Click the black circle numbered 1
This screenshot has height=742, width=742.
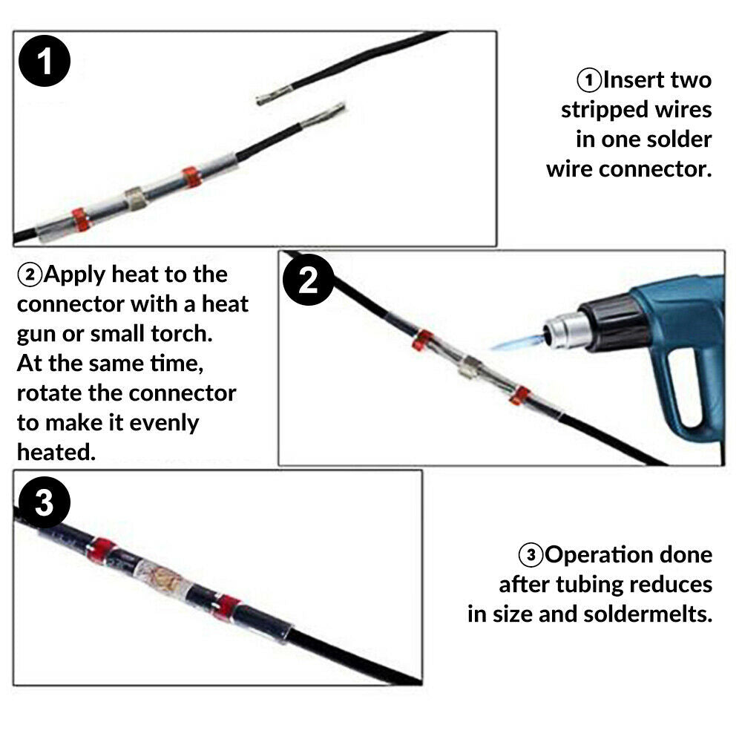(x=45, y=61)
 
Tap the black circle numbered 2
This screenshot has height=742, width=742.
(x=309, y=280)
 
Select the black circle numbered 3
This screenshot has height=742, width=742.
(x=45, y=502)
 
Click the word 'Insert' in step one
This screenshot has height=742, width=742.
(x=634, y=80)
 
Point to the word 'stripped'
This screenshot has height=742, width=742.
(x=605, y=111)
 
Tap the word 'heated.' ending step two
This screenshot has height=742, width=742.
(x=56, y=453)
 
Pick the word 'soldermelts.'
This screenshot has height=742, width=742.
(x=648, y=614)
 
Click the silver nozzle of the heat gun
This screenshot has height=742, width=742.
(x=566, y=329)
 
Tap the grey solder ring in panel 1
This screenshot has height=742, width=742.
(x=136, y=199)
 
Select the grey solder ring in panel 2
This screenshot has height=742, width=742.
(x=471, y=367)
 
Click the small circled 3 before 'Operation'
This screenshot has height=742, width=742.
(x=531, y=554)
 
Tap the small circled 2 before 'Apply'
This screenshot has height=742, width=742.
(x=30, y=275)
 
